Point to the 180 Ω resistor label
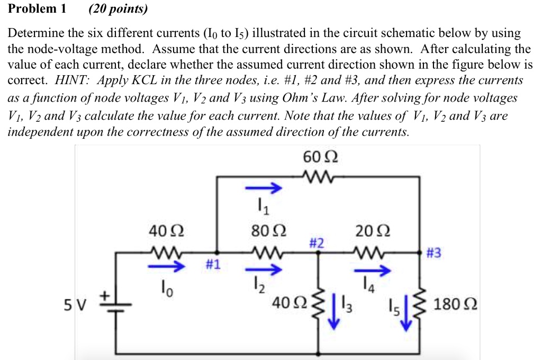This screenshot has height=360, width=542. pyautogui.click(x=456, y=305)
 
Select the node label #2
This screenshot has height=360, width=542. pyautogui.click(x=317, y=244)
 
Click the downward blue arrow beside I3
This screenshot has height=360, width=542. pyautogui.click(x=333, y=315)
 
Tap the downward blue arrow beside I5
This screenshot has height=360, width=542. pyautogui.click(x=406, y=316)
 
